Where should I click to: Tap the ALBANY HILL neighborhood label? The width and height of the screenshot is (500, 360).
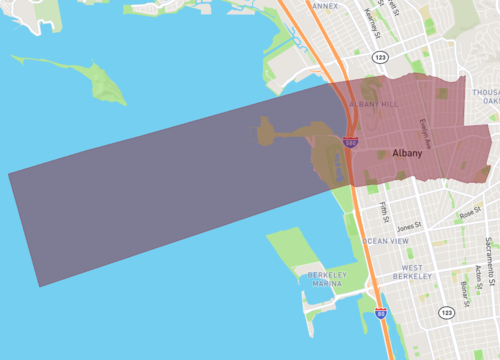374,104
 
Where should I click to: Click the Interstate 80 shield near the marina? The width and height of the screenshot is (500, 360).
381,313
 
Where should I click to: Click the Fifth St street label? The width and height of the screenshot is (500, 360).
384,212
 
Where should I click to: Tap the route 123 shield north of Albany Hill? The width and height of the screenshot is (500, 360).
379,58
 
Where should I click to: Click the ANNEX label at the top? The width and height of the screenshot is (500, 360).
325,5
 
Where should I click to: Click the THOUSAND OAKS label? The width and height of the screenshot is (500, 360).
488,95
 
